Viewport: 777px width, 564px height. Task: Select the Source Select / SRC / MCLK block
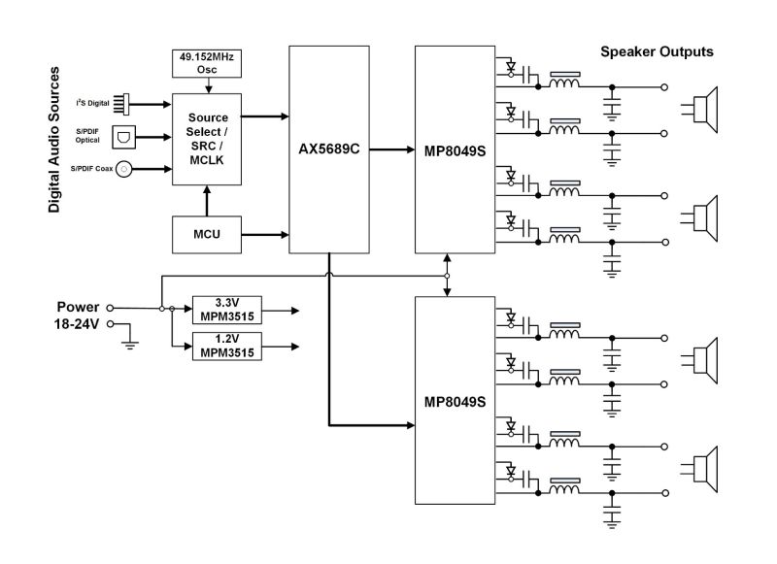click(207, 139)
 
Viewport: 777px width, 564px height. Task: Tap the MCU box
click(205, 234)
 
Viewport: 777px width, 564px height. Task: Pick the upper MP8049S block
click(448, 150)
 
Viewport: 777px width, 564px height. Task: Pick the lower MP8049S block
click(448, 401)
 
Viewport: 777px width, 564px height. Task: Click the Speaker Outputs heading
click(657, 51)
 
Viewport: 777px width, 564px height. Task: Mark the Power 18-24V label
click(77, 315)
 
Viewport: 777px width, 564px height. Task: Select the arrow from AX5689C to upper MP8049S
click(392, 150)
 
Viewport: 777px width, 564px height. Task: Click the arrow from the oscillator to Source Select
click(206, 85)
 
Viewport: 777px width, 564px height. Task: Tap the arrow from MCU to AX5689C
click(263, 234)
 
